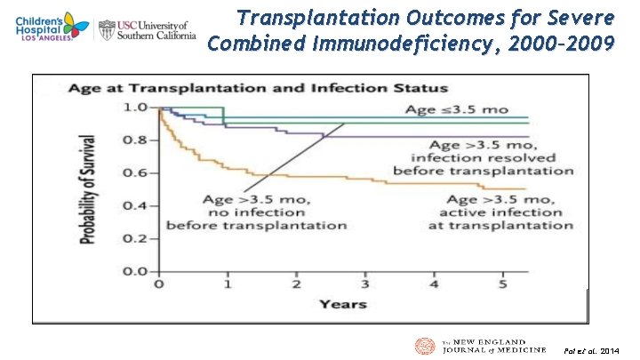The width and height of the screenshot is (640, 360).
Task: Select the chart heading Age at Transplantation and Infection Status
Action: click(x=252, y=89)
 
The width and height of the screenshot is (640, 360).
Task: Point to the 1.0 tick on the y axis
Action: click(x=135, y=108)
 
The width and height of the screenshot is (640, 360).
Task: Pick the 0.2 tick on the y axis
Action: click(x=135, y=239)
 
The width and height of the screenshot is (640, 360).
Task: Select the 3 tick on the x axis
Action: click(x=364, y=285)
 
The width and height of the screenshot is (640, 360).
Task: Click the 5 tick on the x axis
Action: click(x=502, y=285)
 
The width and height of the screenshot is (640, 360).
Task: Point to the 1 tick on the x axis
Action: click(x=227, y=285)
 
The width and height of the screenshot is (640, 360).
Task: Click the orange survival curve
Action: click(x=293, y=177)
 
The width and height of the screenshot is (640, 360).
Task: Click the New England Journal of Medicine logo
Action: click(x=480, y=347)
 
